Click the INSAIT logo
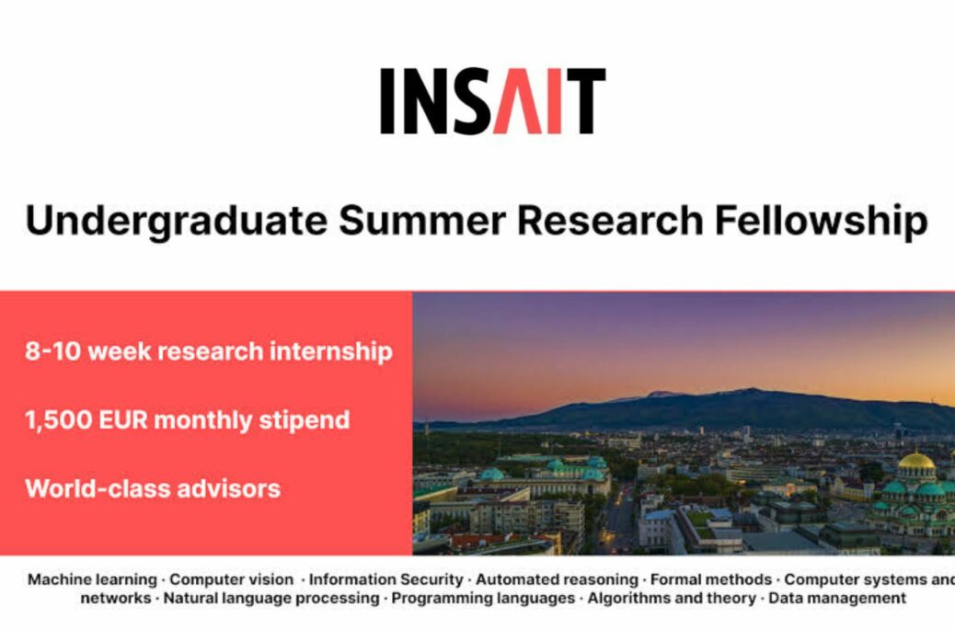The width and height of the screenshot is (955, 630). tap(493, 101)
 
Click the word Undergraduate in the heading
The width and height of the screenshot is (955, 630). tap(177, 222)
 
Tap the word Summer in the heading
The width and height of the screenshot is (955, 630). tap(422, 221)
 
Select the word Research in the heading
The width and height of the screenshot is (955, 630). tap(610, 221)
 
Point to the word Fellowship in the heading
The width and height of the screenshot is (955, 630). tap(821, 222)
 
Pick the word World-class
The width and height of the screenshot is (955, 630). tap(97, 488)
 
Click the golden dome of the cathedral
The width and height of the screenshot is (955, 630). tap(916, 461)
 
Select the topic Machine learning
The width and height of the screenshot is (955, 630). tap(93, 579)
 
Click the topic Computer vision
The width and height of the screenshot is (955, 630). tap(232, 579)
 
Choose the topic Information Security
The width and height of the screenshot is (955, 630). tap(386, 579)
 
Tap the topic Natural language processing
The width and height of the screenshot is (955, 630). tap(271, 599)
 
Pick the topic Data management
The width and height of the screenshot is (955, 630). tap(837, 599)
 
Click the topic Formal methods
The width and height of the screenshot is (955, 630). tap(711, 579)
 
